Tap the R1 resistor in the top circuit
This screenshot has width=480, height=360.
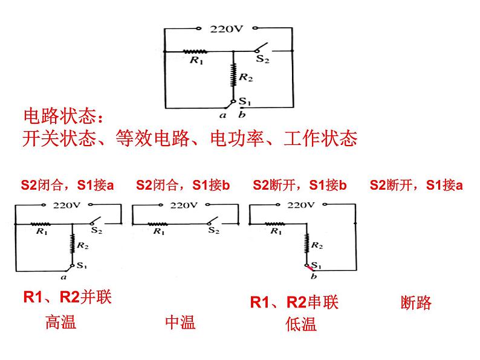click(x=195, y=52)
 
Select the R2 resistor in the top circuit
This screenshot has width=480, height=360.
click(x=233, y=77)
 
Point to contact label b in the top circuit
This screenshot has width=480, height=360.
click(x=242, y=114)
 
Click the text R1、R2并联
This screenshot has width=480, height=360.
click(x=67, y=297)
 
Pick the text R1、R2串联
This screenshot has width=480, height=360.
click(x=294, y=302)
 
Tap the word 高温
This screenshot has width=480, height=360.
click(x=60, y=322)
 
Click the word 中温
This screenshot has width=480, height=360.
click(x=180, y=322)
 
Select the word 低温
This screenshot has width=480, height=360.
click(x=301, y=324)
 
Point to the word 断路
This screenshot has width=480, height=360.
click(x=416, y=303)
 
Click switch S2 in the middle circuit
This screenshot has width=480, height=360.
click(x=212, y=221)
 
